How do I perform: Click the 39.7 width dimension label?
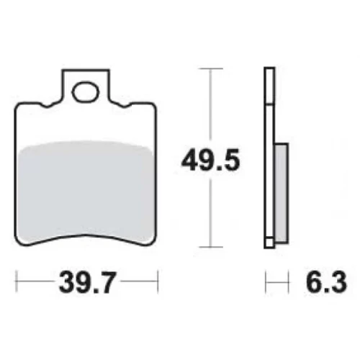87,282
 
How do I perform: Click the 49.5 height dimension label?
210,160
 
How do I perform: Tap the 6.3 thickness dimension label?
326,282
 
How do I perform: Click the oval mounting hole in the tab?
86,92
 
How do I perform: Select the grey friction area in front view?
85,189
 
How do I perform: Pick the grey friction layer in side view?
282,193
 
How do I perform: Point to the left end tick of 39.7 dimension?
17,282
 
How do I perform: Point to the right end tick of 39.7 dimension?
158,282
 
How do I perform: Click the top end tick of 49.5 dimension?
211,68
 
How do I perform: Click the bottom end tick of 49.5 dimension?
211,247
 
